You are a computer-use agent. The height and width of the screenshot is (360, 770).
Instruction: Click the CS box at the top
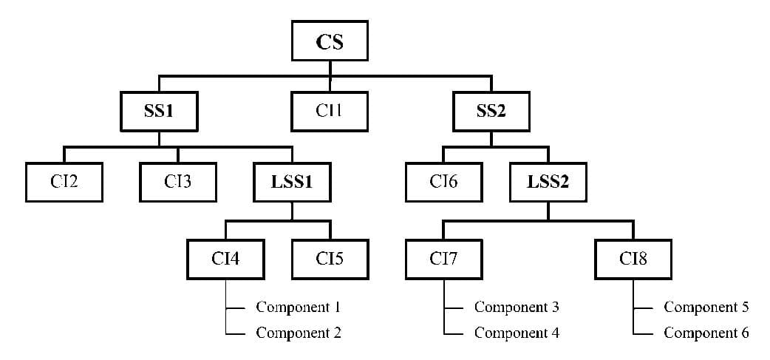(330, 41)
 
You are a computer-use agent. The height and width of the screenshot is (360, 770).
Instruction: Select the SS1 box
(160, 112)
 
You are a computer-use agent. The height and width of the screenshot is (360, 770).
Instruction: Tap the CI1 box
(330, 112)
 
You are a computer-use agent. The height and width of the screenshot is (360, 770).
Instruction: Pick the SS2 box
(491, 112)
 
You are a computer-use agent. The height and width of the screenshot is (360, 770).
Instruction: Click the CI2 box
(65, 182)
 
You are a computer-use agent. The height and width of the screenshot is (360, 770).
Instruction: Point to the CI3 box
(178, 182)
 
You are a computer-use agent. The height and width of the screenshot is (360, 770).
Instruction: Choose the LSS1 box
(292, 182)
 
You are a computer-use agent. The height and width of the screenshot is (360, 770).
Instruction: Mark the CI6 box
(443, 182)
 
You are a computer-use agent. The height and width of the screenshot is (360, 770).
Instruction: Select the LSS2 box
(548, 182)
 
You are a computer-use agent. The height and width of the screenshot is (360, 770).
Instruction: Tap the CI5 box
(330, 259)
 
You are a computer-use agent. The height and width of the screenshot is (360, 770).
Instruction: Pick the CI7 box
(443, 259)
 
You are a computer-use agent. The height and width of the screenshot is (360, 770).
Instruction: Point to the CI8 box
(633, 259)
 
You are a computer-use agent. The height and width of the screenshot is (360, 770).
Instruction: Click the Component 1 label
(298, 307)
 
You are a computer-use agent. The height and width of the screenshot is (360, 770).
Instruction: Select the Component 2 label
(298, 333)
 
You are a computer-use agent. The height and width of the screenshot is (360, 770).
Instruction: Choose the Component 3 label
(517, 307)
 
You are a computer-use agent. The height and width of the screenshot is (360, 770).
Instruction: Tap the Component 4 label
(517, 333)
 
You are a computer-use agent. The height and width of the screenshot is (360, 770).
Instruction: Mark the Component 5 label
(706, 307)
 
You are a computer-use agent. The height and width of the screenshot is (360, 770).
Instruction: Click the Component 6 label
(706, 333)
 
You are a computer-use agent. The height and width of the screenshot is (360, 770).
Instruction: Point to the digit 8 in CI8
(643, 259)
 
